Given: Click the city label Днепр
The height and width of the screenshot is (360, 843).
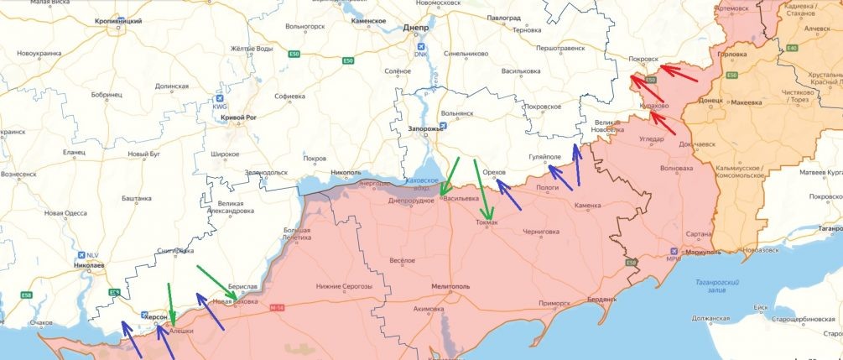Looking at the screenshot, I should pos(416,27).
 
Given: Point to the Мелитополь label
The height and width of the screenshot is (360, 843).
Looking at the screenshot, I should pos(450,286).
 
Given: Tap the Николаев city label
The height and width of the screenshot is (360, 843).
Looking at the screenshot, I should pos(88,265).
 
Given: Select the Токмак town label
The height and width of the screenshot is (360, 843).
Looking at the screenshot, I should pos(487,222).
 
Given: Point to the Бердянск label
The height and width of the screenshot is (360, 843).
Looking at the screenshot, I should pos(601,299).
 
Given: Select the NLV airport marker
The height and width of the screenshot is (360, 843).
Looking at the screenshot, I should pos(80,255).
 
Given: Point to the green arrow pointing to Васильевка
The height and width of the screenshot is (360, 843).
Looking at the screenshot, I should pos(451,177).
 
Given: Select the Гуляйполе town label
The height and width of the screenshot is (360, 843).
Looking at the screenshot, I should pos(544,157).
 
